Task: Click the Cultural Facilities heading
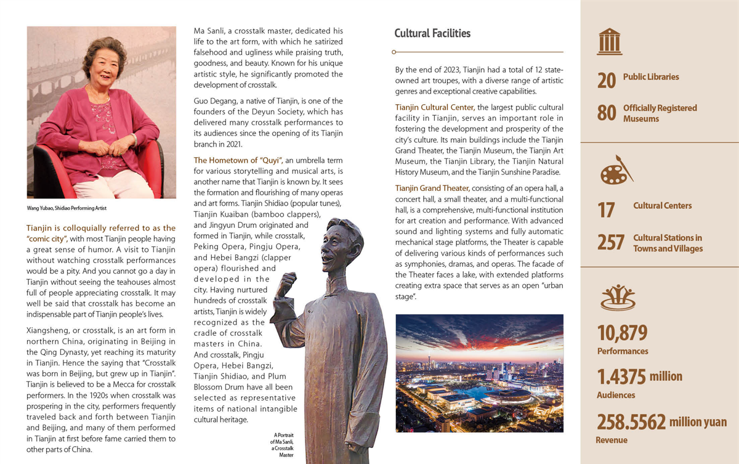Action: (432, 33)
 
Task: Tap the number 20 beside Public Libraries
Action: (607, 81)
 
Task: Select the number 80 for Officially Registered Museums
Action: (607, 113)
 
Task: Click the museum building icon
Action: (610, 42)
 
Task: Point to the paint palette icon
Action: (615, 171)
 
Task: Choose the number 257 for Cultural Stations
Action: (611, 242)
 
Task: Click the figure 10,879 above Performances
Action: (622, 333)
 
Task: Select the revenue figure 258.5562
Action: (631, 422)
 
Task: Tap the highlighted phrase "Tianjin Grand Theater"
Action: (432, 188)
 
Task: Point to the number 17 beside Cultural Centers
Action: (606, 210)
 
